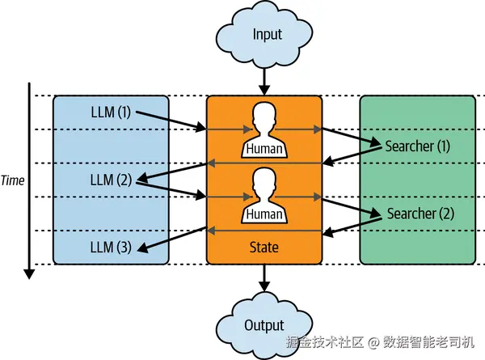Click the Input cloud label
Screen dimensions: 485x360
[x=268, y=34]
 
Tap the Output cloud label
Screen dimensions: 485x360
[x=264, y=325]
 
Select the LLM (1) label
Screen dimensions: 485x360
[x=111, y=112]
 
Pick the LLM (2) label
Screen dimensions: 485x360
[x=111, y=180]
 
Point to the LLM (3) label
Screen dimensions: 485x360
[x=111, y=248]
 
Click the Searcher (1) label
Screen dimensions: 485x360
[x=417, y=146]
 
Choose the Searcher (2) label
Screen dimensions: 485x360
[x=420, y=214]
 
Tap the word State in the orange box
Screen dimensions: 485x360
[x=264, y=248]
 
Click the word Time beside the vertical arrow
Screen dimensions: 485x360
[x=12, y=180]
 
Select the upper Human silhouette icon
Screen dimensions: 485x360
[x=264, y=130]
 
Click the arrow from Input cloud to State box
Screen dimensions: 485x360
[x=264, y=81]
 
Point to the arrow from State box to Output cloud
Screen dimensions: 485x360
[x=264, y=277]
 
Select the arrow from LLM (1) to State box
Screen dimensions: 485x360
[x=171, y=121]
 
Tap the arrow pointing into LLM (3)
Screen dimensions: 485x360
[x=171, y=239]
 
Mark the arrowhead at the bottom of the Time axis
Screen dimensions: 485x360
[x=29, y=274]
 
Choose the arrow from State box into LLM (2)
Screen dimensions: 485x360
[x=171, y=172]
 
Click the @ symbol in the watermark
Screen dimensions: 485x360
[x=373, y=343]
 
